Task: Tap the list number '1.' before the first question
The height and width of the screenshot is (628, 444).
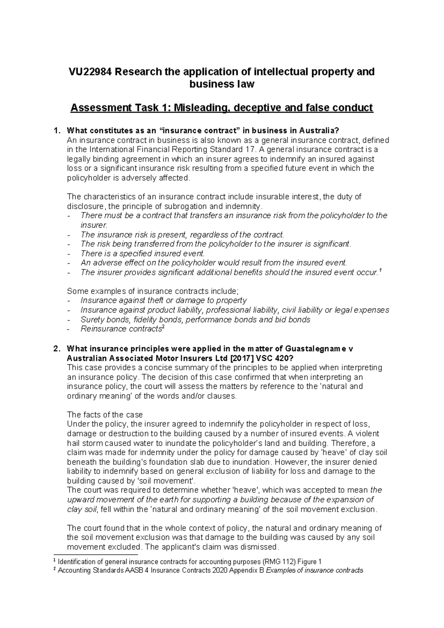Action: tap(56, 131)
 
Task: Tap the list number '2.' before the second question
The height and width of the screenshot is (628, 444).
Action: tap(56, 349)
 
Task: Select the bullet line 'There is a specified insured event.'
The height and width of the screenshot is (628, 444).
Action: tap(142, 254)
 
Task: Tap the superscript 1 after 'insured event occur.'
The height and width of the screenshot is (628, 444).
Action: tap(381, 271)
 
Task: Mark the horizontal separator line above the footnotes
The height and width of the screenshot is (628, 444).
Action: tap(96, 555)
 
